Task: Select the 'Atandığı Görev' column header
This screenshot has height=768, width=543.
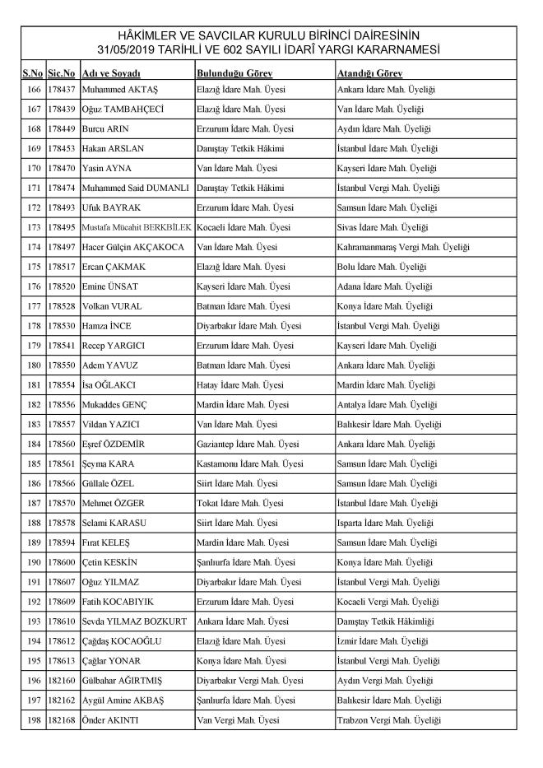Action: point(369,72)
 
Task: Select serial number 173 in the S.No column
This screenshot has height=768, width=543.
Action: point(33,226)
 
